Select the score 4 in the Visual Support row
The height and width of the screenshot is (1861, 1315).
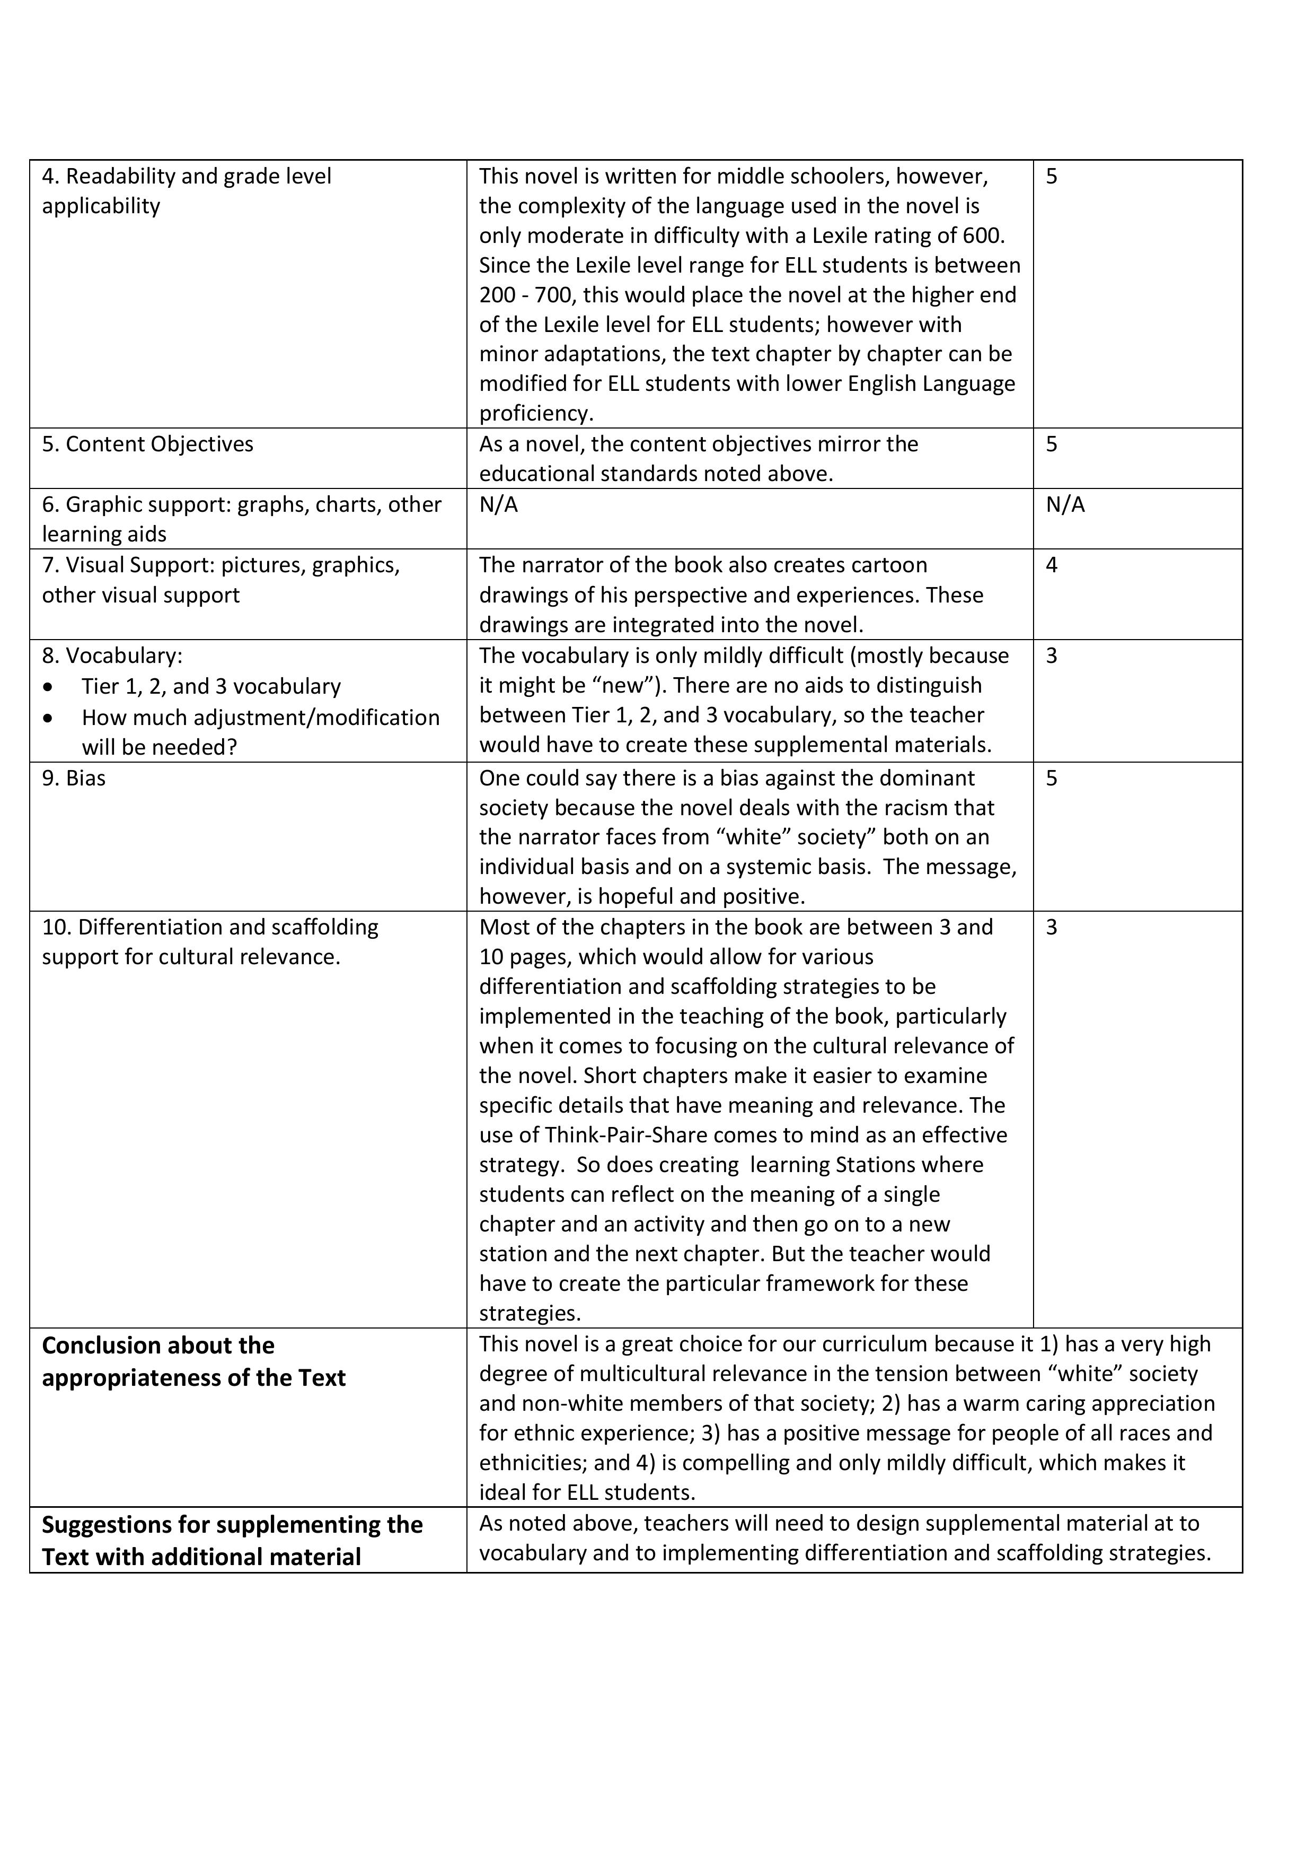(1051, 565)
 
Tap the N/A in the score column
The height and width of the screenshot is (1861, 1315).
(1065, 505)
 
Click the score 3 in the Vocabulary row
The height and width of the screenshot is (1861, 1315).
(1051, 656)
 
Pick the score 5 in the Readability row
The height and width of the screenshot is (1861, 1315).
(1051, 177)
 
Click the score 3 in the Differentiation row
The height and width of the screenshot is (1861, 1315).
(1051, 927)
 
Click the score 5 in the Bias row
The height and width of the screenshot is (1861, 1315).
(1051, 778)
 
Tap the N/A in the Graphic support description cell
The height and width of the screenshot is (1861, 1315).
(498, 505)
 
